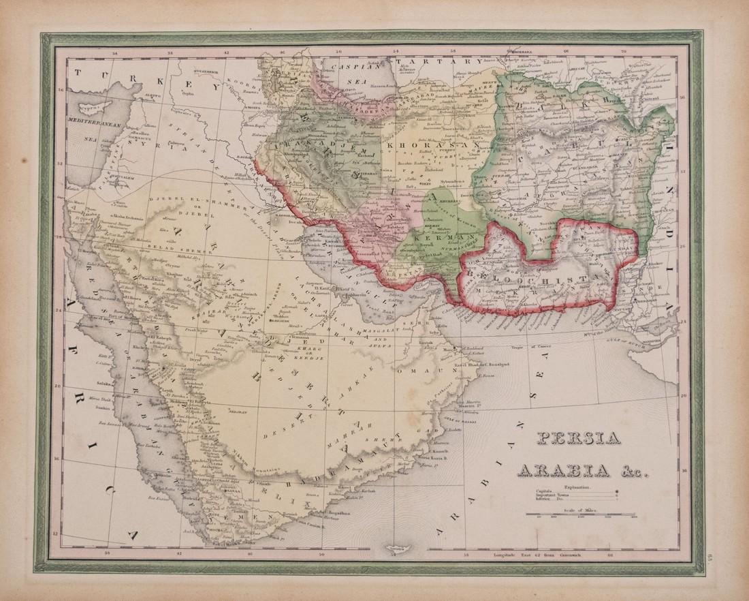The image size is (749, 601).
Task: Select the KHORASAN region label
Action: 415,146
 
